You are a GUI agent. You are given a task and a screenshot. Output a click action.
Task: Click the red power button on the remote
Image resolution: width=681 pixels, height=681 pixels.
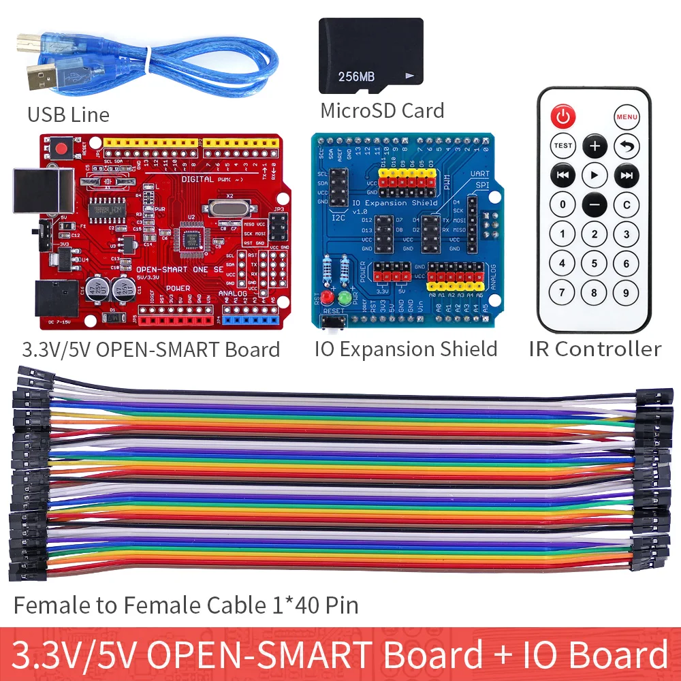[563, 117]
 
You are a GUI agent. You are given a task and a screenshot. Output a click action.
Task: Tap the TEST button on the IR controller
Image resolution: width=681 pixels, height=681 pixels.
[563, 146]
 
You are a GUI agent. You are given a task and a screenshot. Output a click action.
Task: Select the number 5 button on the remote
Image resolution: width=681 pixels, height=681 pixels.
[595, 264]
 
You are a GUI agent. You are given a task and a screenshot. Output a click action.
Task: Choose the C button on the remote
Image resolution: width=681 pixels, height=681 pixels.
[627, 204]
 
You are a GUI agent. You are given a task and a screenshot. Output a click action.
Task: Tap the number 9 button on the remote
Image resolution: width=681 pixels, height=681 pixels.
[627, 294]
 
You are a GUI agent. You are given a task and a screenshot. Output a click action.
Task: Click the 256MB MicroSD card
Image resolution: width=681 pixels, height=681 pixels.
[371, 56]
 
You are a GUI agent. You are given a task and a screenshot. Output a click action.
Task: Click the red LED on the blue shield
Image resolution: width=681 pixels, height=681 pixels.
[328, 298]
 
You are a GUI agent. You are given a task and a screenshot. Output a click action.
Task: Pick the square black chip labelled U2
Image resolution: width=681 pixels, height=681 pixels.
[189, 235]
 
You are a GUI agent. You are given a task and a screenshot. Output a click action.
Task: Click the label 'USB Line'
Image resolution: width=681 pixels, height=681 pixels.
[68, 114]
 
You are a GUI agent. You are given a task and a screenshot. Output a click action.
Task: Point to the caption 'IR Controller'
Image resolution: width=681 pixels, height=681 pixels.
[595, 349]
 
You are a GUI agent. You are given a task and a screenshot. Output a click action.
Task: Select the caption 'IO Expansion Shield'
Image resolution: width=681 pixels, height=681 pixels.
[406, 349]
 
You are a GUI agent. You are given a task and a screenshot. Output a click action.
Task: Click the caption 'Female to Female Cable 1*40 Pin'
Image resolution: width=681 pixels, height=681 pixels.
[186, 605]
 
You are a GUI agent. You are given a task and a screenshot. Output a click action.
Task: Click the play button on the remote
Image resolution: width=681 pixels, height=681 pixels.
[595, 175]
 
